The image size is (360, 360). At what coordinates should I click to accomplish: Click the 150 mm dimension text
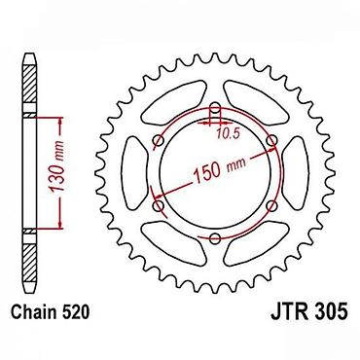[219, 169]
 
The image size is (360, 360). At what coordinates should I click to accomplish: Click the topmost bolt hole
[215, 109]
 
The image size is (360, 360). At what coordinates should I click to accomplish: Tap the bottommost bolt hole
[215, 238]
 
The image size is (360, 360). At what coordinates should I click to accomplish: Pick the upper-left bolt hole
[159, 141]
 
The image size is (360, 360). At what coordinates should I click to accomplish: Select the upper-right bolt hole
[271, 141]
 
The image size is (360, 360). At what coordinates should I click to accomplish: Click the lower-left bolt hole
[159, 206]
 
